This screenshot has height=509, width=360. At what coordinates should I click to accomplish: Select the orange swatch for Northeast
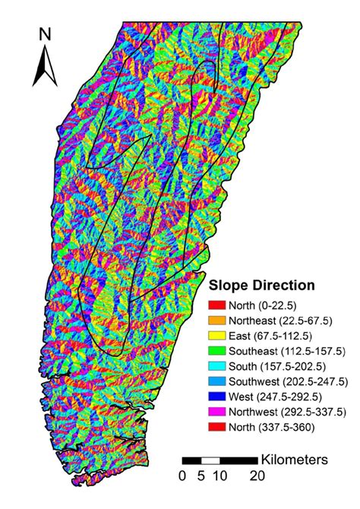pos(219,321)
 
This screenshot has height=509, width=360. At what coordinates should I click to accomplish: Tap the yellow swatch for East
pos(219,335)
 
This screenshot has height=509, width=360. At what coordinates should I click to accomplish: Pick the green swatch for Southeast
pos(219,350)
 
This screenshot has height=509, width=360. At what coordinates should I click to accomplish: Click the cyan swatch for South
pos(219,365)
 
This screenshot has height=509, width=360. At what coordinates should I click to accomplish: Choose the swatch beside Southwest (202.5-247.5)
pos(219,380)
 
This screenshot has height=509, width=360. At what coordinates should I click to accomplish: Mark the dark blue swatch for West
pos(219,395)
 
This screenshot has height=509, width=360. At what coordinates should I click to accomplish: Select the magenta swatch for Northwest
pos(219,410)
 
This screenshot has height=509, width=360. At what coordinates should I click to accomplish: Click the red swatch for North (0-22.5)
pos(219,305)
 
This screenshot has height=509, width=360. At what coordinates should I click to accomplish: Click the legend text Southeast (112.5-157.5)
pos(286,350)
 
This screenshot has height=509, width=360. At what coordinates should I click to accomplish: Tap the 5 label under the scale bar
pos(201,476)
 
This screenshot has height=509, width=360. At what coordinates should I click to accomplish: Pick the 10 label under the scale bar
pos(219,476)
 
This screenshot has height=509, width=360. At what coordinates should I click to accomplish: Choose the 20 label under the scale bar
pos(257,476)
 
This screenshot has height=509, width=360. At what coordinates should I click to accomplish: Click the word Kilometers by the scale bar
pos(294,460)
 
